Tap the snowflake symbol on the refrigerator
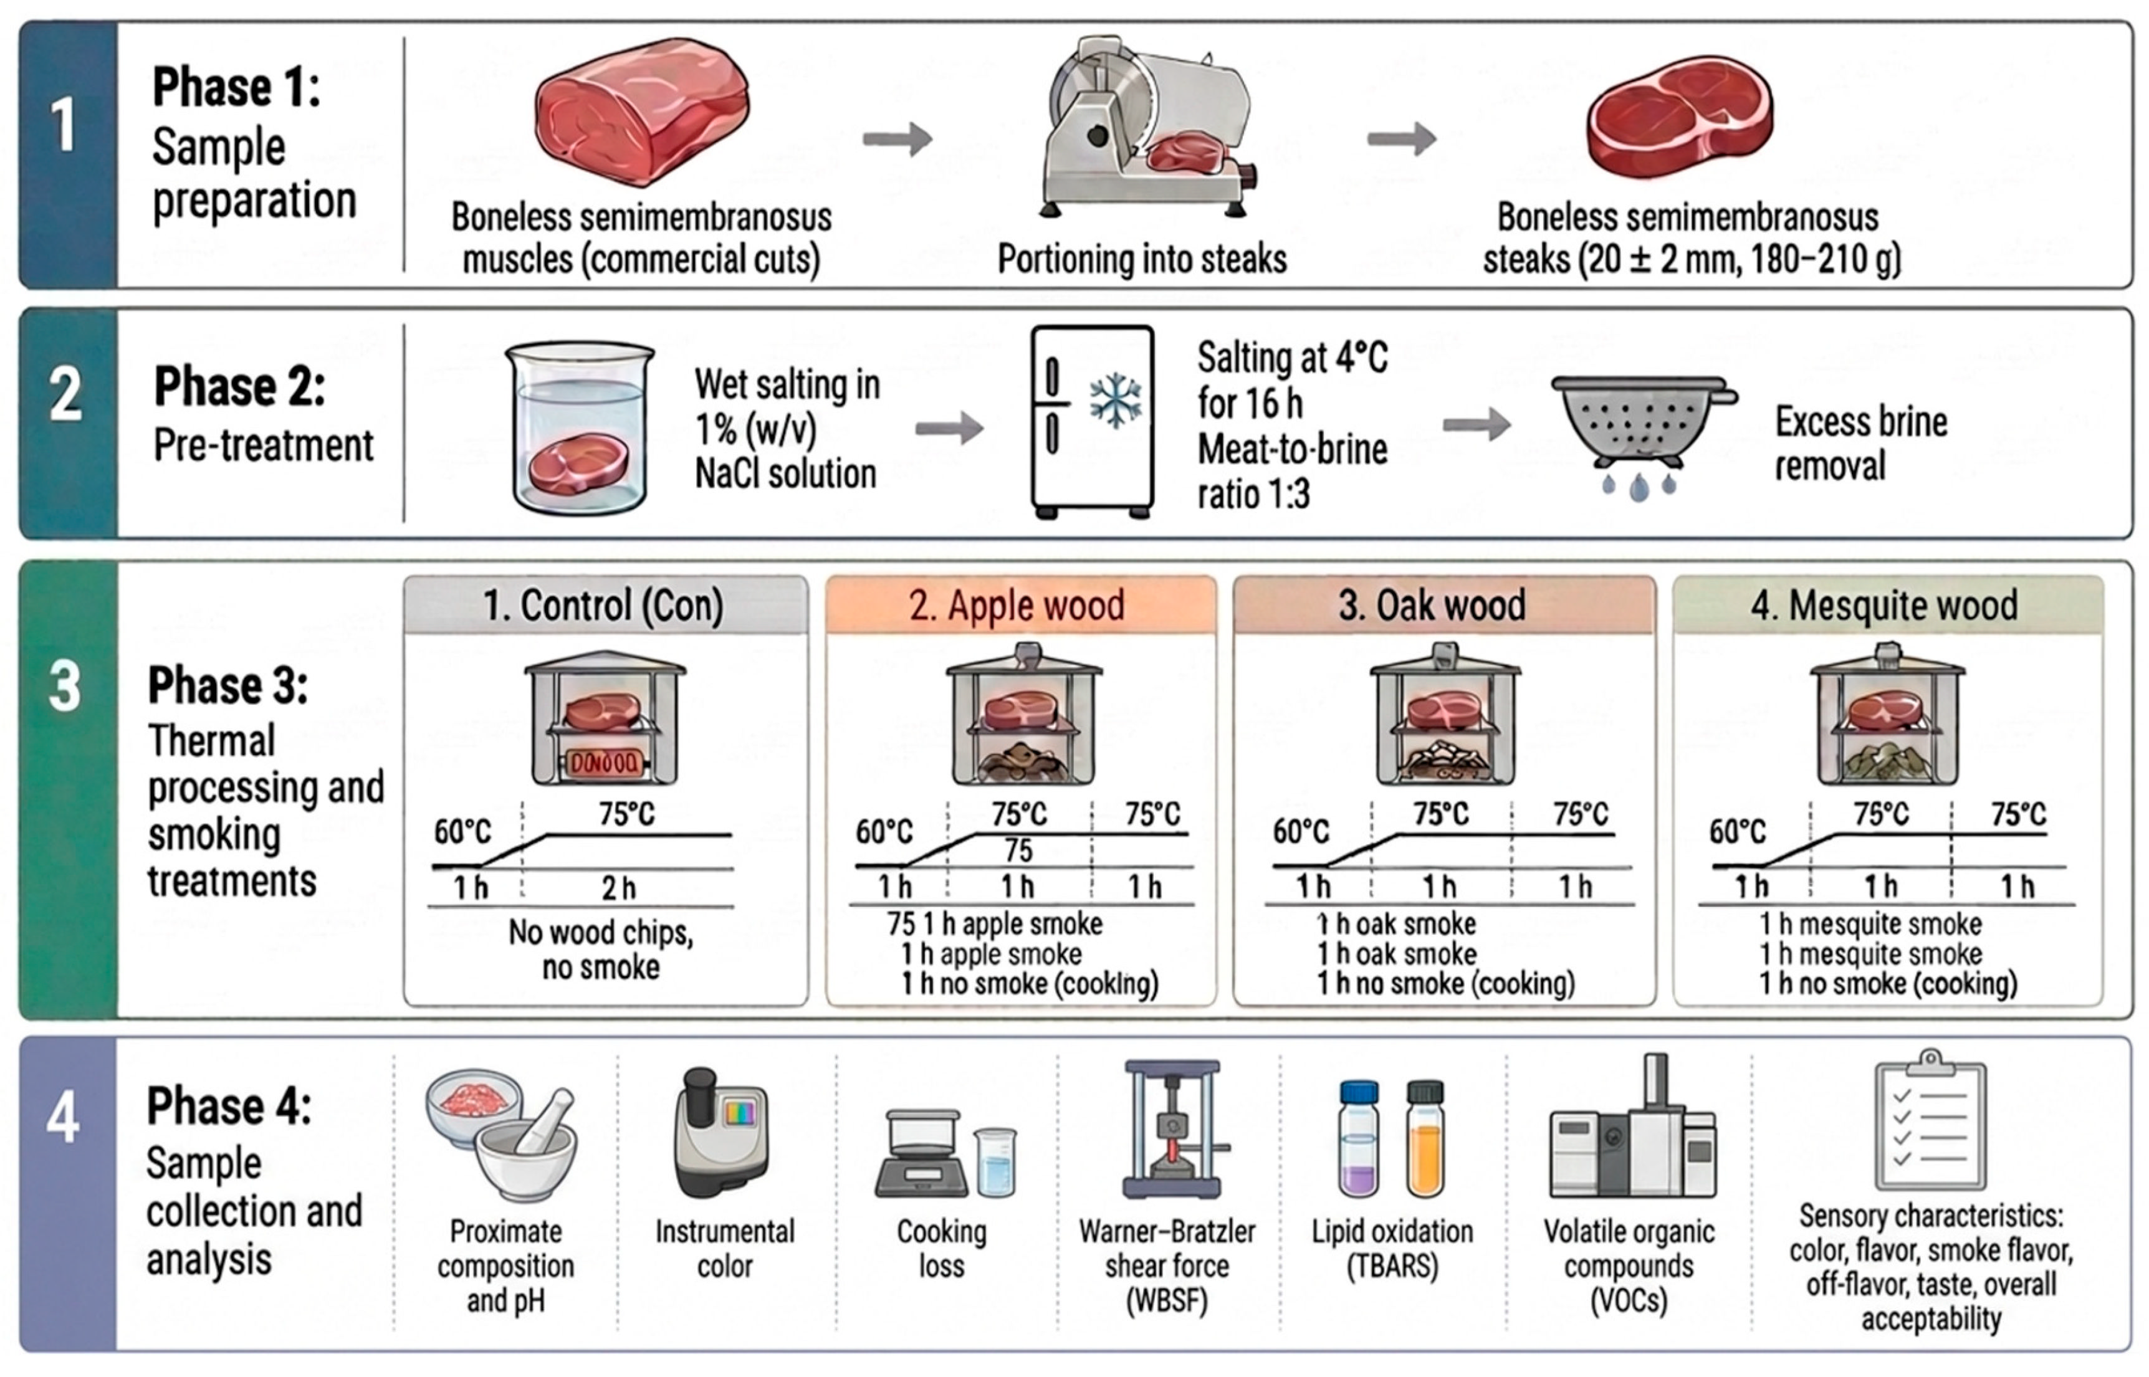click(1115, 401)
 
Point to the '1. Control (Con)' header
click(604, 606)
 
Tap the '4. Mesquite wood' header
click(1884, 606)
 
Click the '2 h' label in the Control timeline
click(618, 888)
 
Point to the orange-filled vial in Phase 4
click(1425, 1138)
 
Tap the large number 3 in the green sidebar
click(65, 687)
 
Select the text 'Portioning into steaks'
click(1142, 259)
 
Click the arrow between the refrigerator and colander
click(1477, 425)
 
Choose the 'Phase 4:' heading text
click(229, 1106)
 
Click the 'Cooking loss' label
click(942, 1248)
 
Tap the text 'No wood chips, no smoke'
click(601, 950)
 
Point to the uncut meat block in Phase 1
click(642, 111)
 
